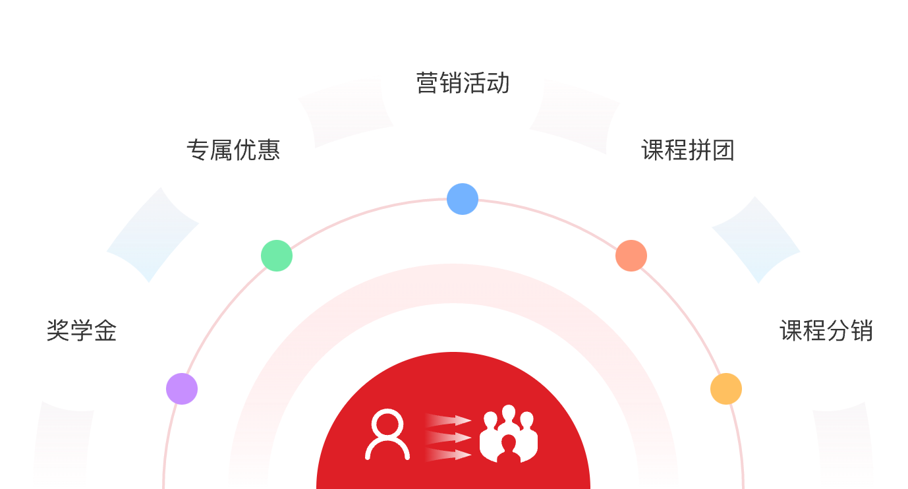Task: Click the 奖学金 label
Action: [82, 330]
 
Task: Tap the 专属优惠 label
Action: [233, 150]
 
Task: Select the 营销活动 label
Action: [463, 83]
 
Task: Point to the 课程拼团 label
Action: [687, 150]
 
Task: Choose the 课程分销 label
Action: [826, 330]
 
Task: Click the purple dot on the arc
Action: [182, 388]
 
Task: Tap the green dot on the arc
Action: [277, 256]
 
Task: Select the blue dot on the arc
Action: [463, 199]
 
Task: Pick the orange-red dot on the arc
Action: [631, 256]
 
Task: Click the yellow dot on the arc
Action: [726, 389]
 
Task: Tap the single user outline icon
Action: [387, 434]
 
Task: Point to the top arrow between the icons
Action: [448, 420]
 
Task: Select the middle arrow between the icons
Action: [448, 437]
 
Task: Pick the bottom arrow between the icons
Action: [448, 454]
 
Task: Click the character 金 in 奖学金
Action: [105, 330]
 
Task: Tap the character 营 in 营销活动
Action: [428, 83]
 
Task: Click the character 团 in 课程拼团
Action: [723, 150]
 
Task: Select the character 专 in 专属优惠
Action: [198, 150]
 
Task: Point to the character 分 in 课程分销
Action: [837, 330]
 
